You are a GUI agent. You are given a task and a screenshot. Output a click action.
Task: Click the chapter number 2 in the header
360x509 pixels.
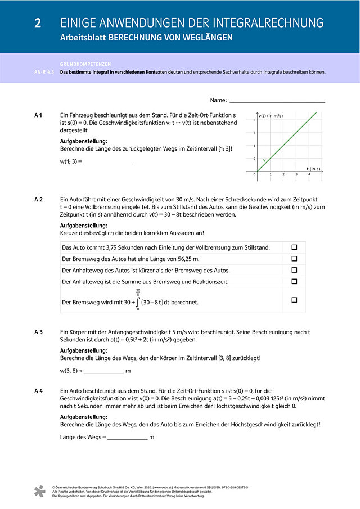tap(38, 23)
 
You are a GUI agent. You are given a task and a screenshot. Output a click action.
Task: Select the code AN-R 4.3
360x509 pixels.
tap(44, 72)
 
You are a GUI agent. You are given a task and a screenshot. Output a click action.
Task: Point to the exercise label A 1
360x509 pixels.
tap(38, 115)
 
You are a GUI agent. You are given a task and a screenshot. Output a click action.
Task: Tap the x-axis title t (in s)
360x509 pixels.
tap(313, 169)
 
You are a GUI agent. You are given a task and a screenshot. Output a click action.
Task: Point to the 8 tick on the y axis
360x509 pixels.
tap(254, 120)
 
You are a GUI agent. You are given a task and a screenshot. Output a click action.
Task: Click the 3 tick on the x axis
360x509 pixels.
tap(296, 175)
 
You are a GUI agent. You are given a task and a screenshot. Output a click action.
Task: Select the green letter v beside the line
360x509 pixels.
tap(264, 161)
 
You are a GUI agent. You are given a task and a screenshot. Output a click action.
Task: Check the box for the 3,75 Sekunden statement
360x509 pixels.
tap(294, 247)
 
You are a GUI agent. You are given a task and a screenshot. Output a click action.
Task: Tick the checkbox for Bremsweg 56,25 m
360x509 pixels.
tap(294, 258)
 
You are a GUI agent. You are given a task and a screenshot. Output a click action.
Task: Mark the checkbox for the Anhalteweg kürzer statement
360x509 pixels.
tap(294, 270)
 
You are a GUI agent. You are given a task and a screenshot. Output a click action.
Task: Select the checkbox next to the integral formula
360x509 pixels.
tap(294, 300)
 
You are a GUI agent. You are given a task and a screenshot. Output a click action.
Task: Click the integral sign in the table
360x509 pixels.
tap(138, 302)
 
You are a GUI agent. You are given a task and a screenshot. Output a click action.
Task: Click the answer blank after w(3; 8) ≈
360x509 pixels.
tap(103, 371)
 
